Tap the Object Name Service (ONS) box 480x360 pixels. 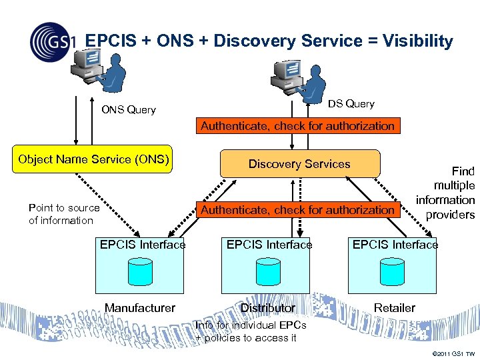click(x=94, y=160)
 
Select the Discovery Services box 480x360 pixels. click(x=299, y=164)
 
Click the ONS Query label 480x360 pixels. click(x=128, y=110)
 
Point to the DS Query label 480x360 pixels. click(x=351, y=104)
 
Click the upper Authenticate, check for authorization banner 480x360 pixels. click(x=297, y=126)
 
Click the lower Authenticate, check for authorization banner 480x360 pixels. click(x=297, y=210)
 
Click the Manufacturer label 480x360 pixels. click(x=140, y=308)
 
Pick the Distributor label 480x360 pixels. click(x=267, y=308)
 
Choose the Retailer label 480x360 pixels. click(x=394, y=308)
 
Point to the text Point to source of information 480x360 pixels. click(x=63, y=214)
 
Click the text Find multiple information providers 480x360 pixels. click(x=446, y=193)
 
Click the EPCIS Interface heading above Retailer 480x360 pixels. click(x=395, y=245)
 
